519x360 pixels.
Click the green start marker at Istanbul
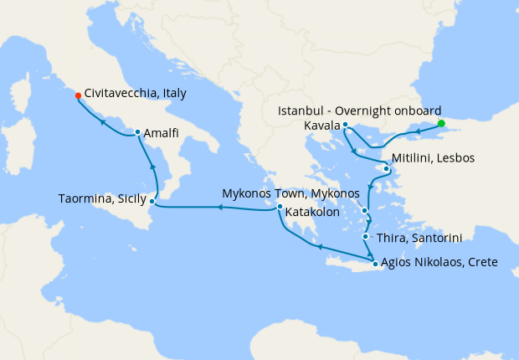coord(441,123)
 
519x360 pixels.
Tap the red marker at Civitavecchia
coord(78,95)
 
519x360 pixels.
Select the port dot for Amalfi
coord(137,132)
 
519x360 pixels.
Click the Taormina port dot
coord(152,201)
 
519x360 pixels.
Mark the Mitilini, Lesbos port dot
coord(386,169)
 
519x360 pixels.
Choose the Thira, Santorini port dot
coord(365,237)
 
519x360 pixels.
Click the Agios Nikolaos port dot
coord(373,264)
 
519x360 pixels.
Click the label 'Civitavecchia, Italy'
coord(136,94)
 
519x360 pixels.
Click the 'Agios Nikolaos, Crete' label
coord(439,262)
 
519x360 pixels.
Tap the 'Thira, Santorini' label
coord(418,238)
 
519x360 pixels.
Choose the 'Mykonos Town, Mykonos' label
coord(287,193)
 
